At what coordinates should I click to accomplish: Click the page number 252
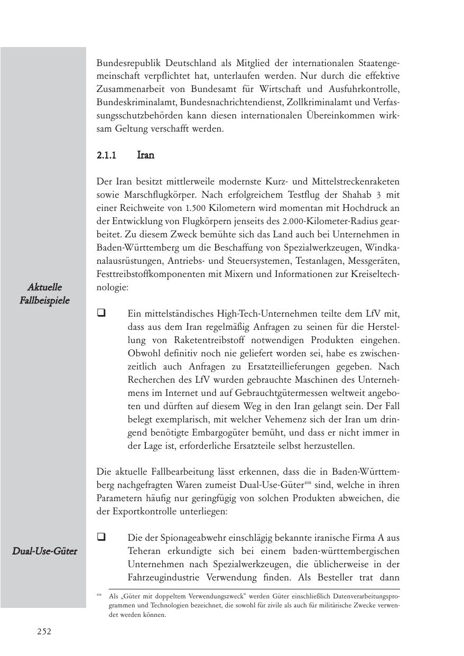(44, 631)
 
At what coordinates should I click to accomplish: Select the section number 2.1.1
(106, 155)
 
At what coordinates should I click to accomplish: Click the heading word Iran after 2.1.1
(146, 155)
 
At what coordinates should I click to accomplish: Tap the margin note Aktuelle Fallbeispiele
(44, 293)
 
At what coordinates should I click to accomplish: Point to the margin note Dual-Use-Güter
(44, 551)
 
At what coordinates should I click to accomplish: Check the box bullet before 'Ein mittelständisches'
(101, 313)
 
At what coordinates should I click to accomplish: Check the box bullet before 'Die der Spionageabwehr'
(101, 537)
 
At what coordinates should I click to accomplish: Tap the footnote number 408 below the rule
(99, 595)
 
